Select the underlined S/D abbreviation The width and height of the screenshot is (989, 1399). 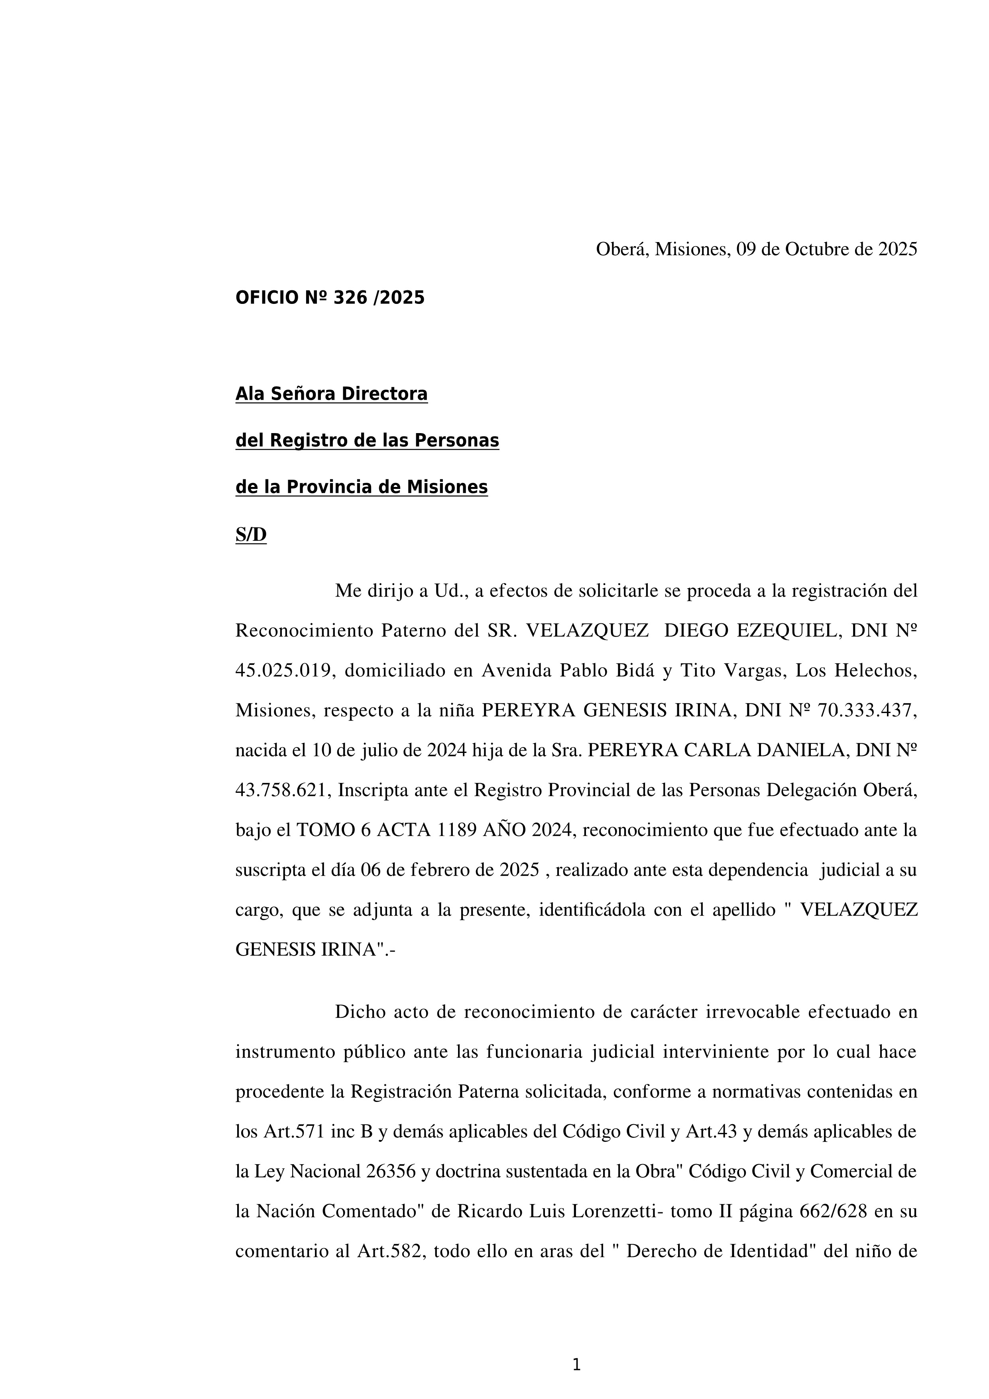251,535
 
